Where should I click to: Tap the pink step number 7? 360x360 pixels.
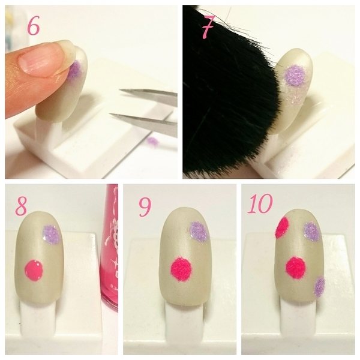208,27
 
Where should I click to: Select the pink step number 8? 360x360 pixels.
22,206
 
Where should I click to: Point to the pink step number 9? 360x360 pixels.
145,206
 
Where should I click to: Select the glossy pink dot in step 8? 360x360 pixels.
34,270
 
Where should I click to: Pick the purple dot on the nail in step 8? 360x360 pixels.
52,235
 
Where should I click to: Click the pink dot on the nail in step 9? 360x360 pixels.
181,269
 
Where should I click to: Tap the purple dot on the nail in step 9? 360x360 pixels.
199,231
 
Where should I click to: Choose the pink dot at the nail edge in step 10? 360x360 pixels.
282,228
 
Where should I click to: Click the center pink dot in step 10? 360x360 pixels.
296,268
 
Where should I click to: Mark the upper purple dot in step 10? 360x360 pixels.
312,232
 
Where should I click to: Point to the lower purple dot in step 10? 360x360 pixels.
320,287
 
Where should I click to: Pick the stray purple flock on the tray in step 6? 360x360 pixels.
152,141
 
